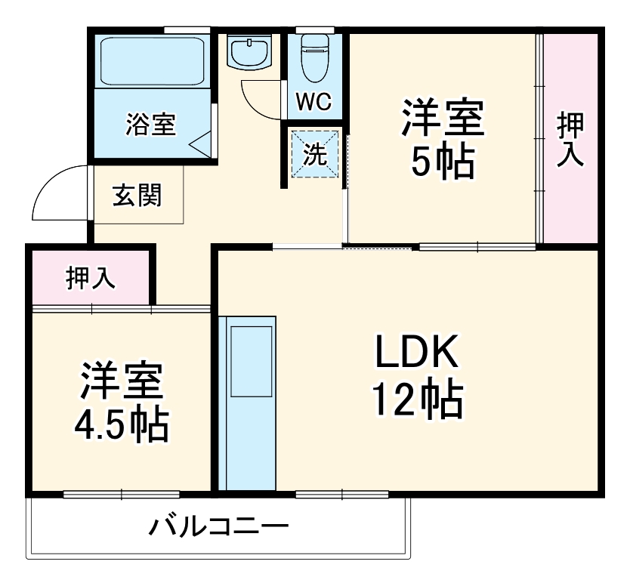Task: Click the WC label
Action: (x=313, y=103)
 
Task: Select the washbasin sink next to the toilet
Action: (x=250, y=52)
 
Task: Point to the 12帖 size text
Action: (x=415, y=400)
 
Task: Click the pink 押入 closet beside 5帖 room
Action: (x=570, y=140)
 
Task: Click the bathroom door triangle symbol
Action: (x=199, y=143)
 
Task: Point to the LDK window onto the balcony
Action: (x=342, y=495)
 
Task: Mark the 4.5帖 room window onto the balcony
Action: (x=121, y=495)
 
